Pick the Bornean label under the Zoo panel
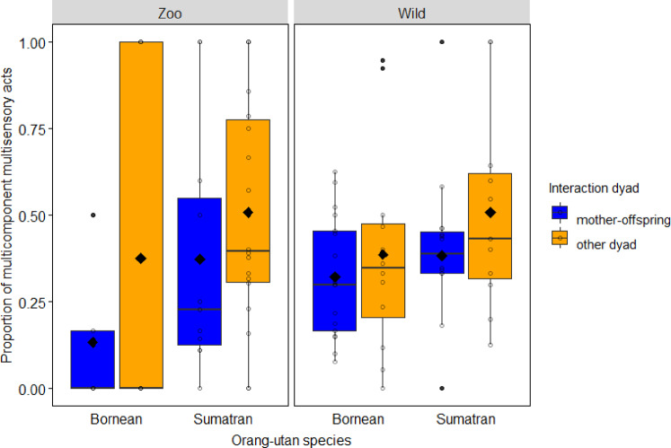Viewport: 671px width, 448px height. click(x=117, y=418)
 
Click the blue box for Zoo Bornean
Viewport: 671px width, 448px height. click(x=93, y=359)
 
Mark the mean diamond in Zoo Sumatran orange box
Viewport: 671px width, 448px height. click(x=249, y=213)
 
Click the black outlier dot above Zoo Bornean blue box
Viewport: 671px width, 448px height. click(x=93, y=215)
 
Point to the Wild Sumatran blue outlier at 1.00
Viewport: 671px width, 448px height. click(x=441, y=42)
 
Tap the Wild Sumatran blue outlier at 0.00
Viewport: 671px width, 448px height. click(x=441, y=388)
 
